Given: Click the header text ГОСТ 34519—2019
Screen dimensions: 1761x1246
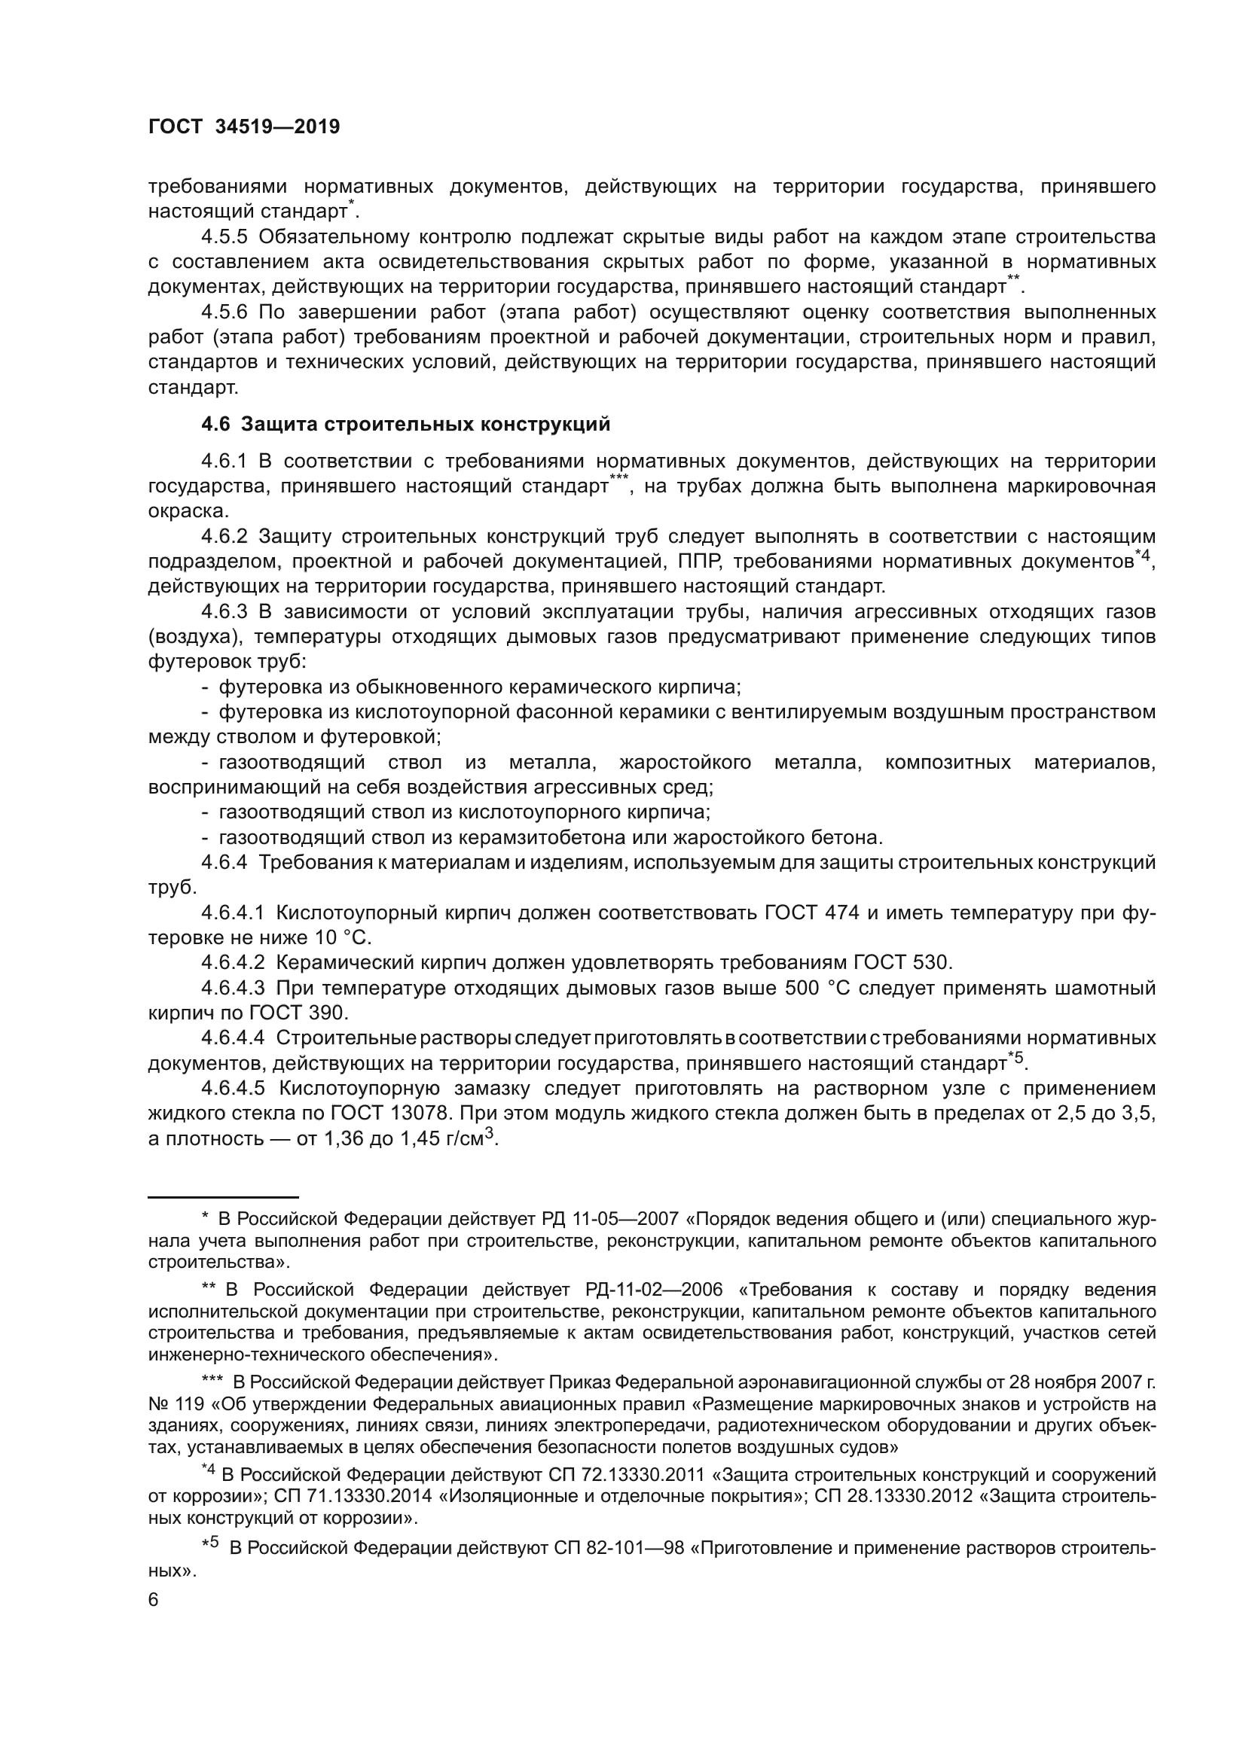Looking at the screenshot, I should (x=244, y=127).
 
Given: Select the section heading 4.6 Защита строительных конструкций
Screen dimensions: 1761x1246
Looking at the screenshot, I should (x=406, y=424).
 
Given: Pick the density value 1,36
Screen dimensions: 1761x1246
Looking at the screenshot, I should (x=344, y=1139).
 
